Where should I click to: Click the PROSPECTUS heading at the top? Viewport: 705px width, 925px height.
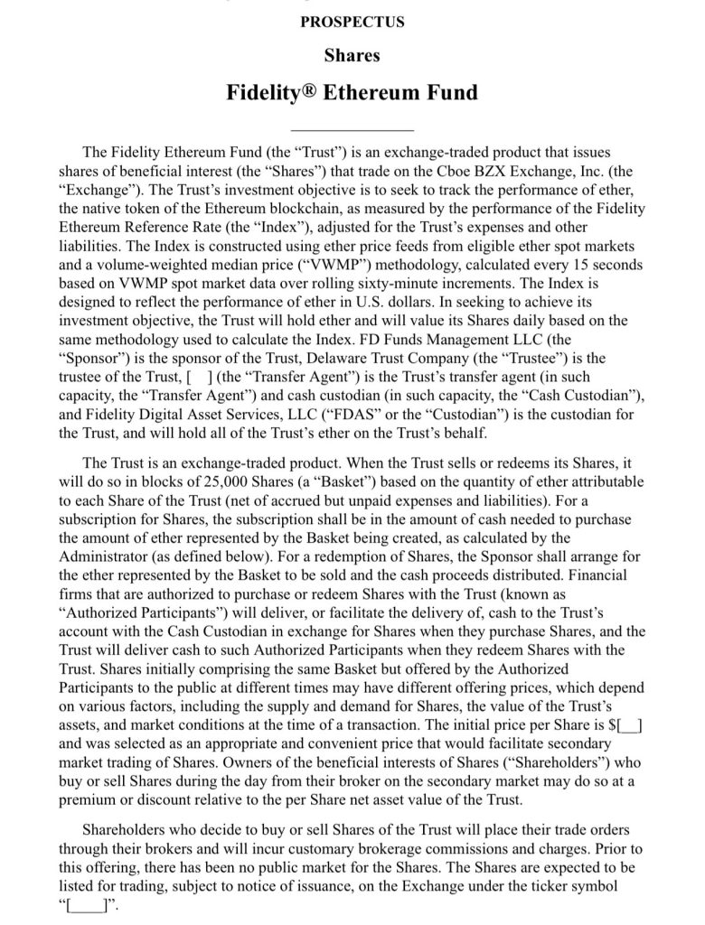pyautogui.click(x=352, y=22)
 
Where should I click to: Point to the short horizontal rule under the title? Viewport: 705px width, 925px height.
pyautogui.click(x=352, y=131)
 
